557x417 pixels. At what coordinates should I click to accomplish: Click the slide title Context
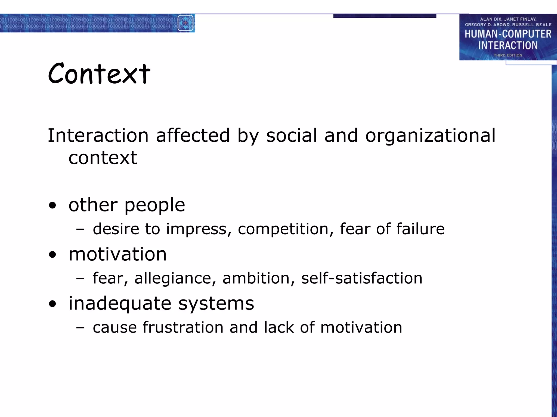tap(99, 73)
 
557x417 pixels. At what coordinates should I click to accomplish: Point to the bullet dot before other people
tap(52, 206)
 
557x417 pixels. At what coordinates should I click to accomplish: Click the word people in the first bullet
tap(154, 205)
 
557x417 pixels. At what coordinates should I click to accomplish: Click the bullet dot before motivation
tap(52, 255)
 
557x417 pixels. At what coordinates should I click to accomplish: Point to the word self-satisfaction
tap(362, 278)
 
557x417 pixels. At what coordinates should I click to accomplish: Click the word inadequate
tap(120, 303)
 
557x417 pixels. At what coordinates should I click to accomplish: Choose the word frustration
tap(183, 327)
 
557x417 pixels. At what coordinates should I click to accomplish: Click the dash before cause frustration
tap(80, 328)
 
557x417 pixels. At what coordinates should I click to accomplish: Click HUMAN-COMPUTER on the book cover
tap(508, 34)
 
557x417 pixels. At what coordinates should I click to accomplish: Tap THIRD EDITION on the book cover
tap(508, 55)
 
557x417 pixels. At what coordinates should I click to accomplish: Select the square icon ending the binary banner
tap(185, 23)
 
